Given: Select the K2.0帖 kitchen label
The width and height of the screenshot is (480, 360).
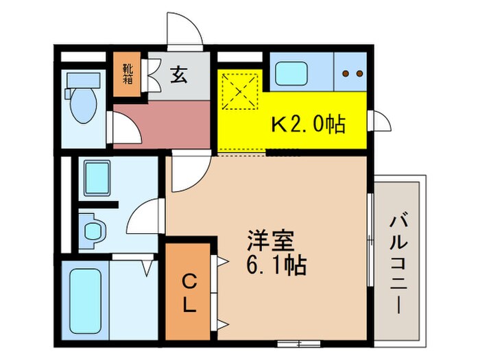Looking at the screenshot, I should point(309,125).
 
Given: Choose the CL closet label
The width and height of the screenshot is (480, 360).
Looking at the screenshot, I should point(190,292).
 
